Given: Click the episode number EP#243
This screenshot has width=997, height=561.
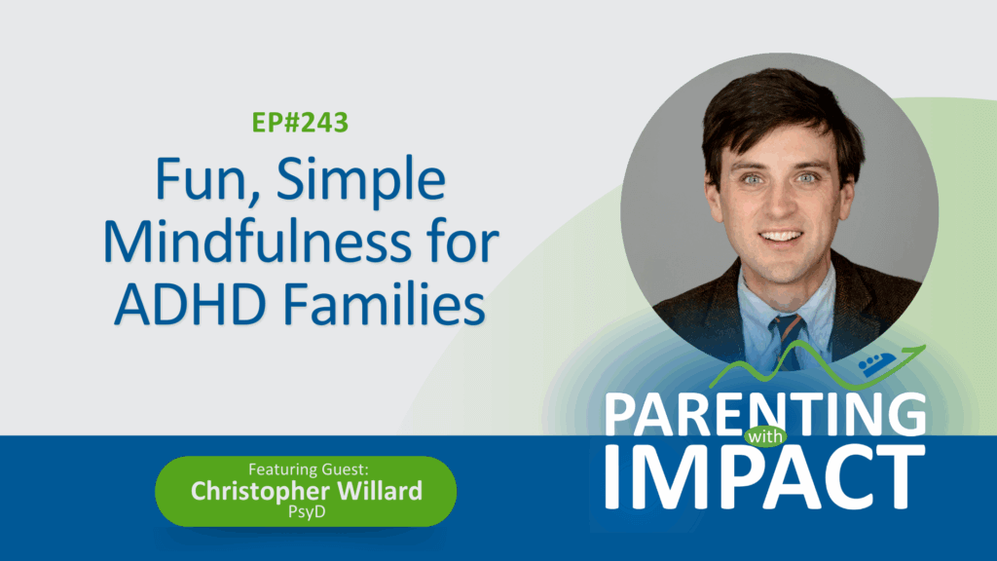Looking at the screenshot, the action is coord(300,123).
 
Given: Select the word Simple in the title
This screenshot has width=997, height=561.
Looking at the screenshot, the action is coord(361,182).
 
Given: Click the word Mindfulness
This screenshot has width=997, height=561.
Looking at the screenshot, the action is coord(257,243).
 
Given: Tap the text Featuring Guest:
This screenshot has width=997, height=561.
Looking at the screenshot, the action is coord(309,469).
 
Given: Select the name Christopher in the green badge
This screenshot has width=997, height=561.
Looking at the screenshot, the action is coord(259,492).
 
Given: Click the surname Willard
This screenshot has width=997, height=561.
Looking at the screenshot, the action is coord(380,491).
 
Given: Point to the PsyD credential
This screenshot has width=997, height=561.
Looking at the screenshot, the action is coord(307,512).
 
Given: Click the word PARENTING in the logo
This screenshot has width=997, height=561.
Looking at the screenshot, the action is coord(765,415).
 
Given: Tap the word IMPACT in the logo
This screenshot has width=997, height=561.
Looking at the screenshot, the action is coord(764,477).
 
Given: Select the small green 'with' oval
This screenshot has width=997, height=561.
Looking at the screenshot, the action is coord(765,436).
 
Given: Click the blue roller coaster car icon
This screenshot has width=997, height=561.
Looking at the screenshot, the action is coord(877,365).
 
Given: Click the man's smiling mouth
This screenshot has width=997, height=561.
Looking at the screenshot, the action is coord(781,238).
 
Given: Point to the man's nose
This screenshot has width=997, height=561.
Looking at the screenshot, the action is coord(780,203).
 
